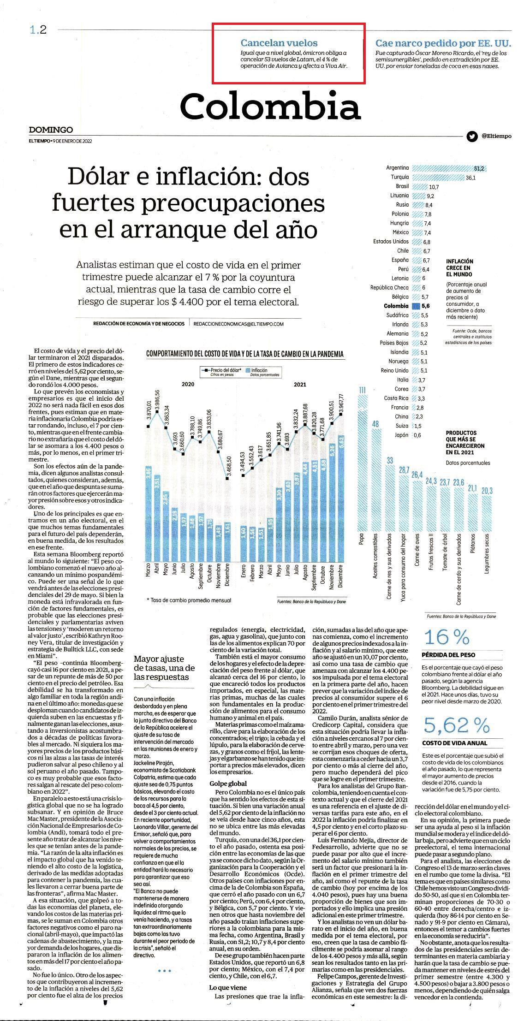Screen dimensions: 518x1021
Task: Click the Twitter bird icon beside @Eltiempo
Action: click(471, 137)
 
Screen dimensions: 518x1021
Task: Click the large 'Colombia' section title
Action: click(270, 106)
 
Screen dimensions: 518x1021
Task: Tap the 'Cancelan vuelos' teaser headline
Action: click(279, 43)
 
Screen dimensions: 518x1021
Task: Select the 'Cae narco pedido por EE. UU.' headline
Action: click(443, 43)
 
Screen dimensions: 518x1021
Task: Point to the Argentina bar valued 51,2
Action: click(449, 168)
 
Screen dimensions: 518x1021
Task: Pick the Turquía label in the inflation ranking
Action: click(399, 177)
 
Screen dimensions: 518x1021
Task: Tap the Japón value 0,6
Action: click(417, 435)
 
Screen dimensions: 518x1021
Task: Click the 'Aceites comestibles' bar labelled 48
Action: click(375, 480)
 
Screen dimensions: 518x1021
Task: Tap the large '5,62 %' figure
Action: click(456, 726)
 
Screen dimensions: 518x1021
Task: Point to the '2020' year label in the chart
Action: click(188, 384)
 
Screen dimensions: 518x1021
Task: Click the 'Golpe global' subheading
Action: click(228, 783)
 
